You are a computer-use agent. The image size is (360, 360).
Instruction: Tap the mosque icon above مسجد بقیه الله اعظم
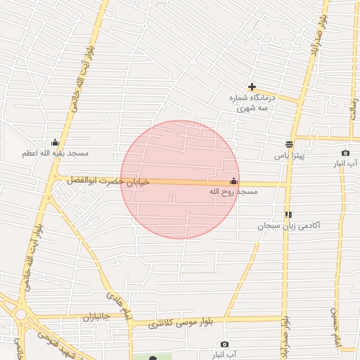pos(56,142)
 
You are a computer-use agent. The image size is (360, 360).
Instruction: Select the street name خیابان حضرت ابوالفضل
pos(108,181)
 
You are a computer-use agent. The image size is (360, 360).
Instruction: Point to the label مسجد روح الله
pos(234,191)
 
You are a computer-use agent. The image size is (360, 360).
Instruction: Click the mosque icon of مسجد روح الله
pos(234,181)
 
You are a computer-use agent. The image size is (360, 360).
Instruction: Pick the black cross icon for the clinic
pos(252,87)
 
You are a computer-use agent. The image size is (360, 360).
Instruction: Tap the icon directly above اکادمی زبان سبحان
pos(288,214)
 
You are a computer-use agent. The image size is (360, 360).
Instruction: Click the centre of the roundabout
pos(20,314)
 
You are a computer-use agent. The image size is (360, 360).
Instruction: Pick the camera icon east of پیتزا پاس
pos(345,153)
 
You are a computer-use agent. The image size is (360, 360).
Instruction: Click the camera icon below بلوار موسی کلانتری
pos(224,344)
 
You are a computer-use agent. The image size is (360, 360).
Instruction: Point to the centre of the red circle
pos(180,180)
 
